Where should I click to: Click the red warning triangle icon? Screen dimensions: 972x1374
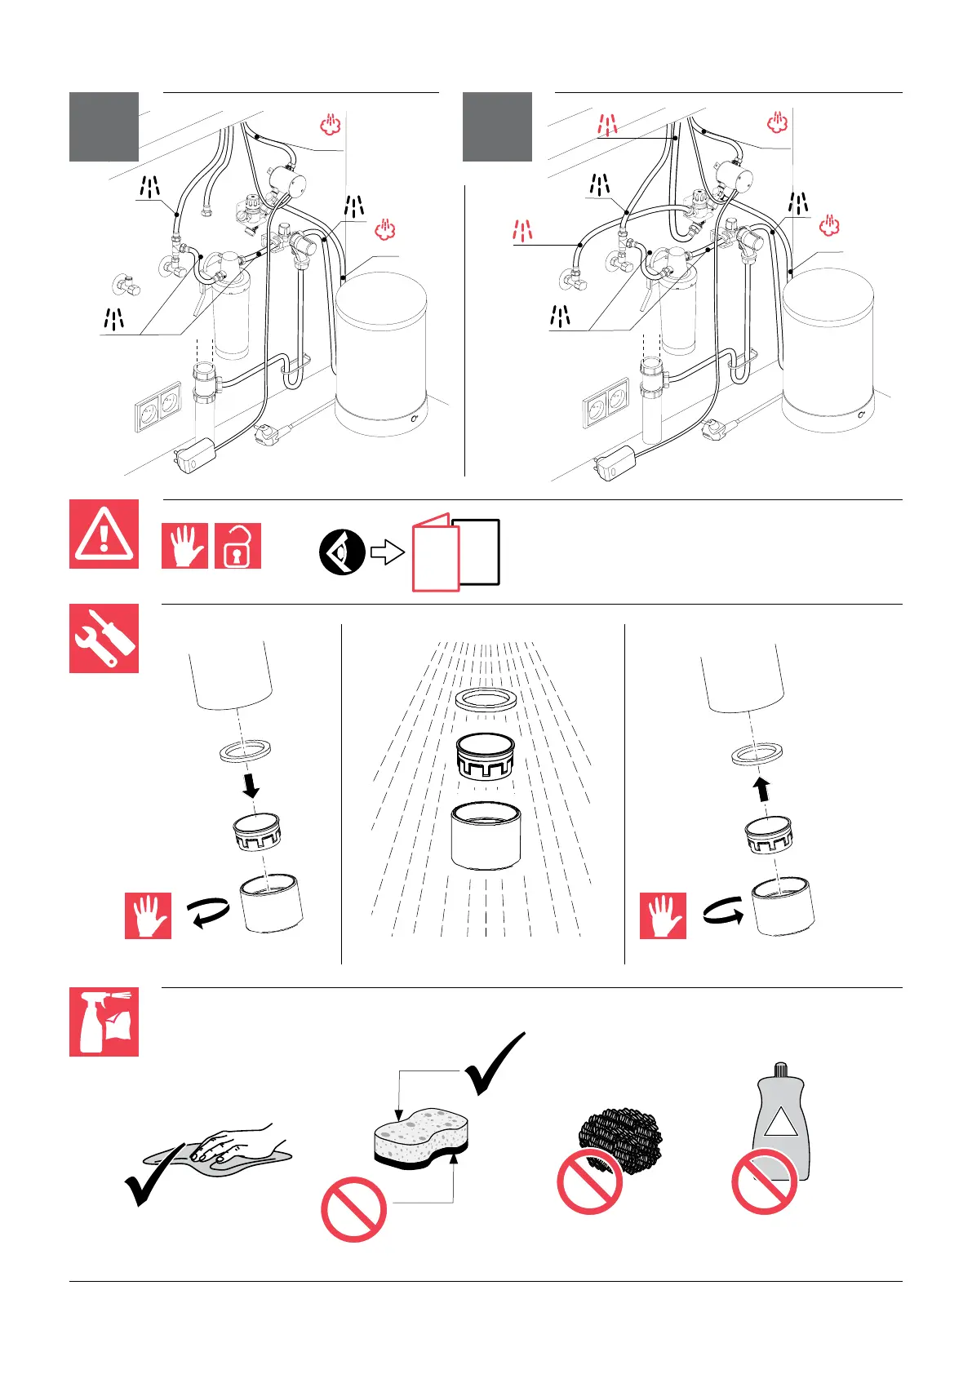pos(104,534)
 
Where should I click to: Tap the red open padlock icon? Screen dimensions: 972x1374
pos(237,546)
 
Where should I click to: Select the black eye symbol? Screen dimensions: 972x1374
pos(342,552)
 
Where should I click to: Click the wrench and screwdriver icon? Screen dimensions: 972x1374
pos(104,638)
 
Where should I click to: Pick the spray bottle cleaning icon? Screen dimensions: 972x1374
pos(104,1022)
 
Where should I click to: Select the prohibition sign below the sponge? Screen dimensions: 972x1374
pos(353,1209)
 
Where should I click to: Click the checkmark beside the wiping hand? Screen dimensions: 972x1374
pos(153,1175)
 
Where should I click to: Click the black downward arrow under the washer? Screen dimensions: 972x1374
pos(251,785)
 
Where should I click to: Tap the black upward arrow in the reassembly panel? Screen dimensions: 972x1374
pos(761,789)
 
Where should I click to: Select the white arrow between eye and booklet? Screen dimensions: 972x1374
pos(388,552)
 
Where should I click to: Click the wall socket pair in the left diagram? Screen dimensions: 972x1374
pos(158,406)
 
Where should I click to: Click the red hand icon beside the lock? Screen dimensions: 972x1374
pos(185,546)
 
